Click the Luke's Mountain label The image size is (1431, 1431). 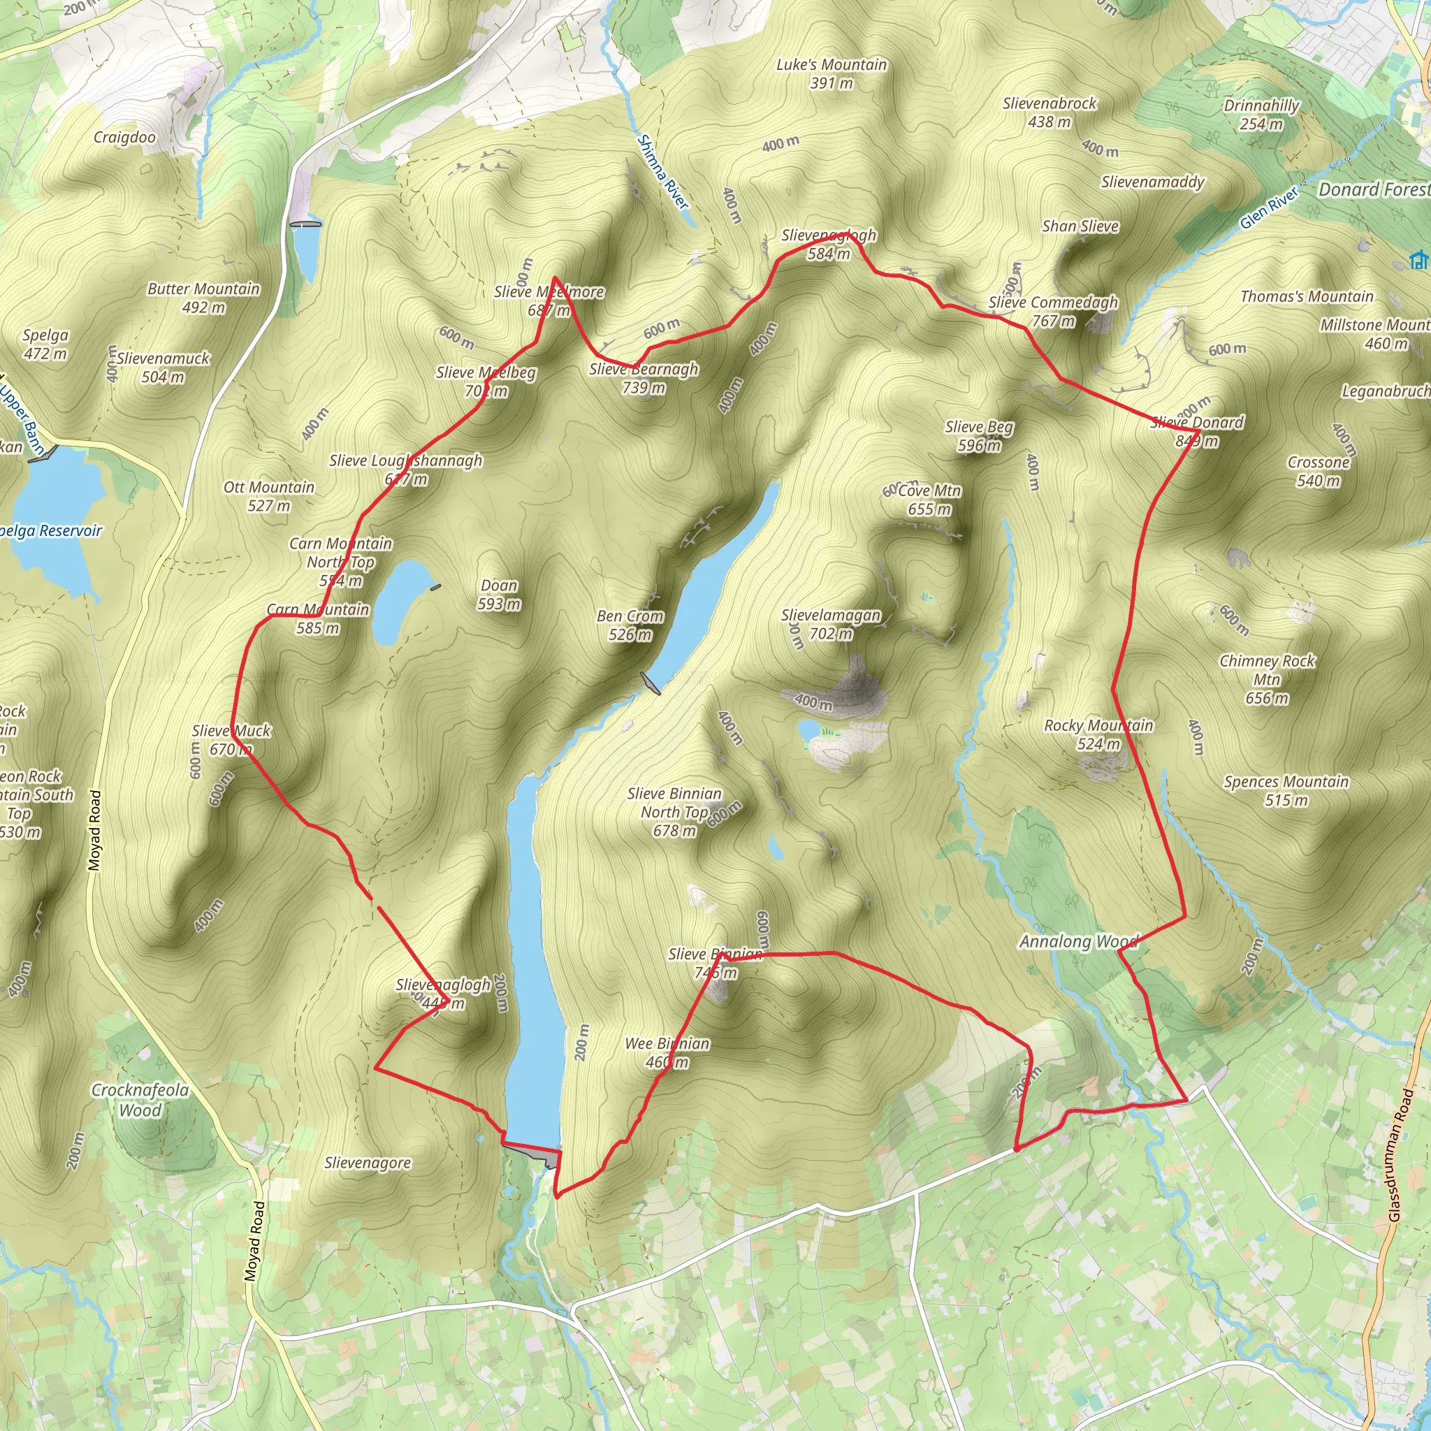(x=831, y=73)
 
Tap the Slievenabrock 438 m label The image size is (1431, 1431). (x=1049, y=112)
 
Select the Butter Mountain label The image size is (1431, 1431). (x=204, y=297)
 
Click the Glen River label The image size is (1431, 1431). (x=1269, y=208)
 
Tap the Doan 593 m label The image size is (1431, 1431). (x=498, y=595)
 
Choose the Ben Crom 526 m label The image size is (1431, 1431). (x=630, y=625)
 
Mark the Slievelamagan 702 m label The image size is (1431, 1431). (x=831, y=624)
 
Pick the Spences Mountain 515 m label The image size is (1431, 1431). (x=1286, y=790)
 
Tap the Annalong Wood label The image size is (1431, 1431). (x=1078, y=941)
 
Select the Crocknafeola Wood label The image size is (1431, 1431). (x=140, y=1100)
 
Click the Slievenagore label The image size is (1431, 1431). (x=368, y=1163)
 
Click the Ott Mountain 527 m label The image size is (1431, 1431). (x=269, y=495)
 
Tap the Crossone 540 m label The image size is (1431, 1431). (x=1319, y=471)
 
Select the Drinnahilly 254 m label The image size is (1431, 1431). (x=1261, y=114)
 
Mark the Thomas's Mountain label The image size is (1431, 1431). (x=1307, y=296)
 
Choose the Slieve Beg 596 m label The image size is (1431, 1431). (x=979, y=435)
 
